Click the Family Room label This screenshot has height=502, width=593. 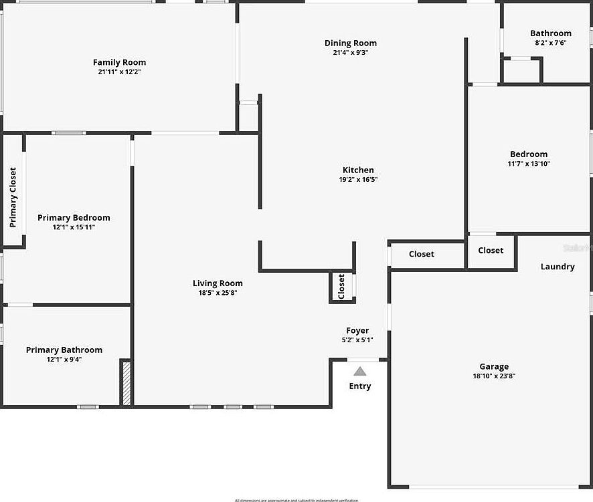[119, 62]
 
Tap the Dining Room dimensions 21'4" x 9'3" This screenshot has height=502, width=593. [351, 52]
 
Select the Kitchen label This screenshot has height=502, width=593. [358, 170]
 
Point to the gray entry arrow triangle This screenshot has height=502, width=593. [360, 371]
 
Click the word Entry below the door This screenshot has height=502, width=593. [360, 386]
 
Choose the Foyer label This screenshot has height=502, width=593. [357, 330]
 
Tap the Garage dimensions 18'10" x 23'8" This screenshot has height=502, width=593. [494, 376]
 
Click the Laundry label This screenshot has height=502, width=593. [558, 267]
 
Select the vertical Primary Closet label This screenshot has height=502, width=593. [13, 197]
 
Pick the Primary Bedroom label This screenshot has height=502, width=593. [74, 217]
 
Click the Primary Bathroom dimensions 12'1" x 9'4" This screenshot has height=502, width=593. [64, 359]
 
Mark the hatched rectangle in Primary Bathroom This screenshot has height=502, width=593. [125, 382]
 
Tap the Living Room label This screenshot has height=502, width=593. [218, 283]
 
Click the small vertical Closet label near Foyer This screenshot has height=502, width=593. [341, 286]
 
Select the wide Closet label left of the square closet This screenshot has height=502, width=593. [422, 254]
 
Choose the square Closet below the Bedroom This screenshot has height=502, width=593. [491, 251]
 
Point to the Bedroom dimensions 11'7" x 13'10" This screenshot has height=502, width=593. [529, 163]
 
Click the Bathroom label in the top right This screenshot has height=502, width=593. [551, 33]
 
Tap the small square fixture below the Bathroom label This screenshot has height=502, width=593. [521, 71]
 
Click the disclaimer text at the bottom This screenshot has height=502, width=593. [296, 499]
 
